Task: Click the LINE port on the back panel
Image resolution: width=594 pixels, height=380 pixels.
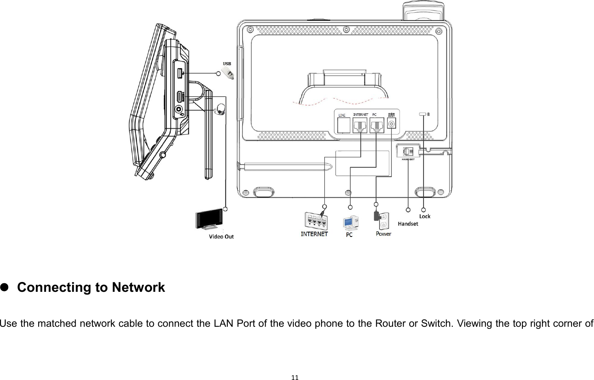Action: point(344,125)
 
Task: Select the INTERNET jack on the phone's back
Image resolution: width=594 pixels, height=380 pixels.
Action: point(360,125)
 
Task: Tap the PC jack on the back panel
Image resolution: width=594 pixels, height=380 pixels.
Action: point(377,125)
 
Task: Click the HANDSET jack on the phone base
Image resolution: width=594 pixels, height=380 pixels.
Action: point(408,151)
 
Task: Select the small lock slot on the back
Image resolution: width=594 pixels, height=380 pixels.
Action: point(423,115)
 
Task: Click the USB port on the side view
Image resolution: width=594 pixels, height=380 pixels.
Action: point(179,74)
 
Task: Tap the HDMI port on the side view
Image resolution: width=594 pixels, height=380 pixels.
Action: point(179,97)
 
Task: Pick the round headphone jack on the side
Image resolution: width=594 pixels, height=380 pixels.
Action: point(179,109)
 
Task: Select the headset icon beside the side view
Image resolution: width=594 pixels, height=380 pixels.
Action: point(221,109)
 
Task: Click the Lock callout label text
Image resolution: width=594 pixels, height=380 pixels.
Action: point(425,216)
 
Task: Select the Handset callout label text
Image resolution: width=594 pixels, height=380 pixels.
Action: point(408,224)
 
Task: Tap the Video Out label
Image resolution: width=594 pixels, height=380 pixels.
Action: point(221,237)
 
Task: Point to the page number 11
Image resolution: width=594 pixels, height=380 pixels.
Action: point(295,377)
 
